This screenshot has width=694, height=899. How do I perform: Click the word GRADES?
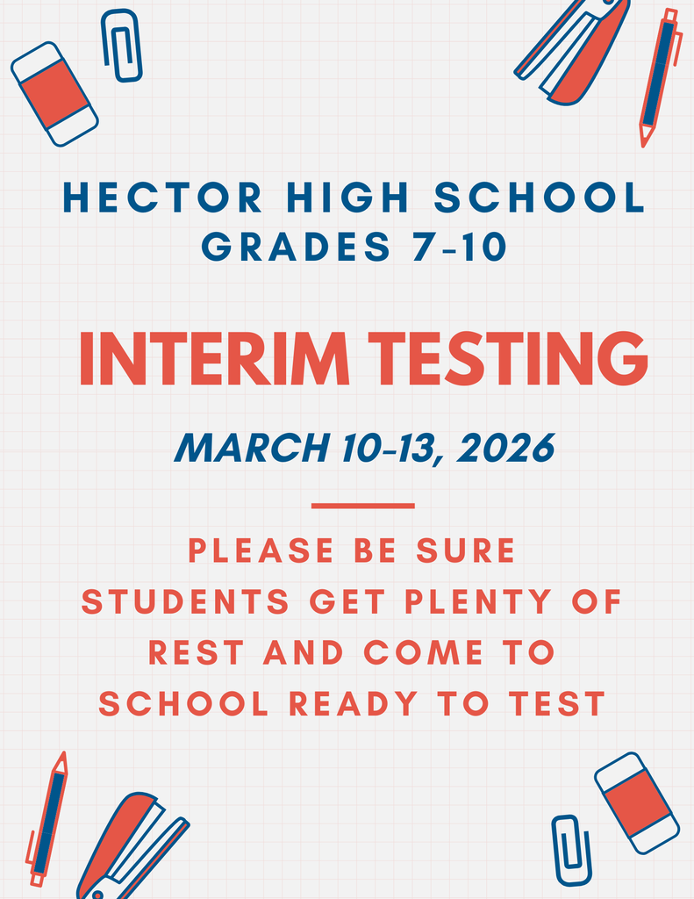pos(296,248)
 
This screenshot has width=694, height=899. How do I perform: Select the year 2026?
pos(505,449)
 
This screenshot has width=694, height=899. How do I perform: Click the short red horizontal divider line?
pos(362,506)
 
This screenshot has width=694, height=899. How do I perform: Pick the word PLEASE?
pos(261,551)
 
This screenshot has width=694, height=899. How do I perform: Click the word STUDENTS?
pos(185,602)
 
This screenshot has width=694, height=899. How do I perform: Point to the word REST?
pos(197,652)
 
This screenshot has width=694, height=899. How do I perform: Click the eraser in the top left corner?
pos(54,94)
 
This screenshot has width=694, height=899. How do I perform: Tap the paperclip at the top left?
pos(121,46)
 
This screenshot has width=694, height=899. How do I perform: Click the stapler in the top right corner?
pos(575,53)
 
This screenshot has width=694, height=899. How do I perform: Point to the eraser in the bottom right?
pos(637,802)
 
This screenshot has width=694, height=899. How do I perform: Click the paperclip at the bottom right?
pos(570,850)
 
